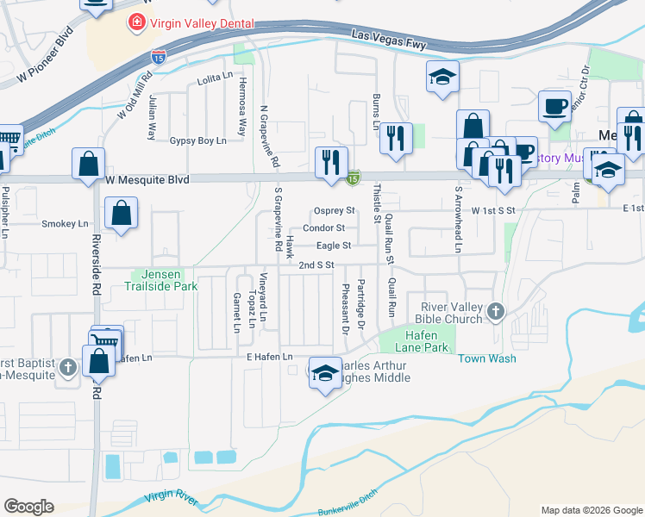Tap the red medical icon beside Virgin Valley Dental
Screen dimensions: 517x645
tap(135, 23)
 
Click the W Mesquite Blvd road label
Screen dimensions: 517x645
tap(147, 179)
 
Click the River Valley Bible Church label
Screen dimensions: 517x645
tap(451, 312)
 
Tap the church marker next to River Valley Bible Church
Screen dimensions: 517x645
tap(496, 311)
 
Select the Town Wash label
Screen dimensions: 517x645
tap(486, 358)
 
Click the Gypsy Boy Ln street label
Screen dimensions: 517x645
tap(197, 140)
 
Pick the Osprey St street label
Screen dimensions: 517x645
tap(335, 210)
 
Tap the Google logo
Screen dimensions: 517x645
tap(28, 507)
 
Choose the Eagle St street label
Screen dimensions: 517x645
tap(334, 246)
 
